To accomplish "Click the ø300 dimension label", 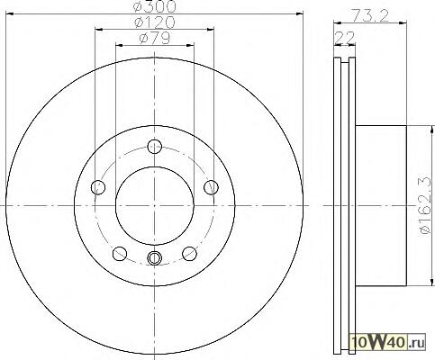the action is click(154, 6).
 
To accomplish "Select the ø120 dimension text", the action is click(154, 22).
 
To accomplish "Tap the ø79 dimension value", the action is click(155, 38).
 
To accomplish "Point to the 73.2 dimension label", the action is click(370, 15).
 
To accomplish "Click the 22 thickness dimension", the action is click(345, 38).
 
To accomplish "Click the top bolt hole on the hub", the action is click(155, 147).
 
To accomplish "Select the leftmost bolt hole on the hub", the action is click(98, 188).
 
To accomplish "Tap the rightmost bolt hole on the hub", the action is click(211, 188).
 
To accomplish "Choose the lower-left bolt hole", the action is click(120, 254).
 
